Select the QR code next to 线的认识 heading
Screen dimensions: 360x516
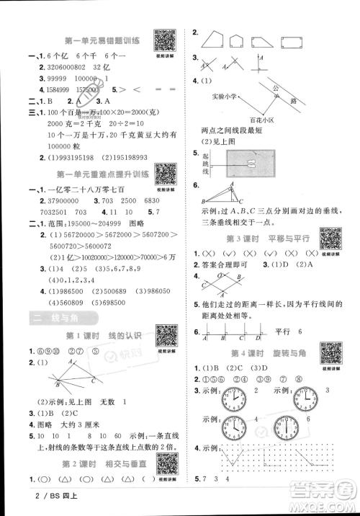pos(165,337)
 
